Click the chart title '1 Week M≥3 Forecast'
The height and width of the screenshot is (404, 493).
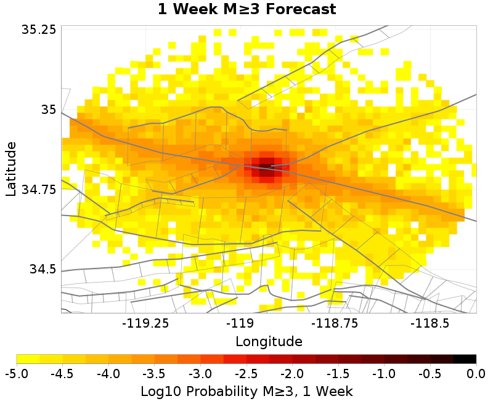(x=247, y=9)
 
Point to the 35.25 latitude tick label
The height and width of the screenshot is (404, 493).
(x=39, y=29)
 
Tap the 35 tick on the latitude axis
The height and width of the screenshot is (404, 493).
(x=49, y=110)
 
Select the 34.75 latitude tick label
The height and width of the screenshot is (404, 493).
(x=39, y=190)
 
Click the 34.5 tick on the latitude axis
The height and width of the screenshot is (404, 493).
(x=43, y=269)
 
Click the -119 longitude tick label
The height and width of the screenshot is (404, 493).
(x=241, y=323)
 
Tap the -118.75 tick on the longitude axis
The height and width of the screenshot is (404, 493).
(x=335, y=323)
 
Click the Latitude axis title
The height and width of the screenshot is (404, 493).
(x=11, y=169)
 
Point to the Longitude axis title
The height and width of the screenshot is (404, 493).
(x=269, y=341)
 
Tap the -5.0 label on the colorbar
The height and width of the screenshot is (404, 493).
(x=17, y=374)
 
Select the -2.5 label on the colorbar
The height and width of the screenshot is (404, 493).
(x=246, y=374)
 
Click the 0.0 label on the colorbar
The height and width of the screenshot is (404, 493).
(x=476, y=374)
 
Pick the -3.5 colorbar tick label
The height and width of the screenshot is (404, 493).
(x=155, y=374)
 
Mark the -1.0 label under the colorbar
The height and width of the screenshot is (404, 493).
(x=384, y=374)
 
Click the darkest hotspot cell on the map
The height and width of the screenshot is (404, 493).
(x=267, y=166)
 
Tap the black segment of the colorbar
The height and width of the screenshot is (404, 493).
(x=465, y=359)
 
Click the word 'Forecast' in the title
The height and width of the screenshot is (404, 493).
(x=301, y=9)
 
